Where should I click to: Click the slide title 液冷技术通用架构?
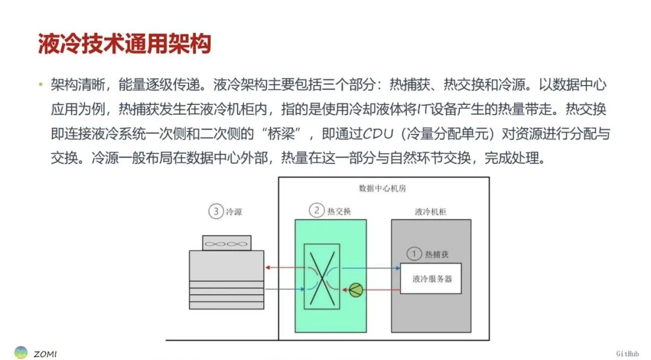[125, 43]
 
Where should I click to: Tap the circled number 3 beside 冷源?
[216, 211]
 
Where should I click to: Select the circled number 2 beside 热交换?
[316, 210]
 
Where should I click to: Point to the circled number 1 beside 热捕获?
[414, 254]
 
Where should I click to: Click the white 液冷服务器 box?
[430, 279]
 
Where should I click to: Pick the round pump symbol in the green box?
[356, 290]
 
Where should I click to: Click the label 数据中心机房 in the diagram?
[382, 188]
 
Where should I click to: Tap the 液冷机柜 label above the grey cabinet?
[430, 211]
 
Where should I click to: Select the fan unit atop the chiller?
[227, 243]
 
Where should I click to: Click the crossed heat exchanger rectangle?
[322, 277]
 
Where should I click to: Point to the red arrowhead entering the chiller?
[268, 267]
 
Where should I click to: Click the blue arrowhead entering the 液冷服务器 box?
[397, 268]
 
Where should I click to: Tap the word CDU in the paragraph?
[378, 134]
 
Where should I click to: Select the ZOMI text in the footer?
[45, 354]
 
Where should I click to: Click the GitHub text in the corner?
[627, 354]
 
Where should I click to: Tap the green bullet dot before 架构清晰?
[41, 84]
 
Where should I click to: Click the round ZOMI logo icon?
[20, 353]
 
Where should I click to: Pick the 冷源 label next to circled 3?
[234, 212]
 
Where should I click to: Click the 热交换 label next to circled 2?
[339, 211]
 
